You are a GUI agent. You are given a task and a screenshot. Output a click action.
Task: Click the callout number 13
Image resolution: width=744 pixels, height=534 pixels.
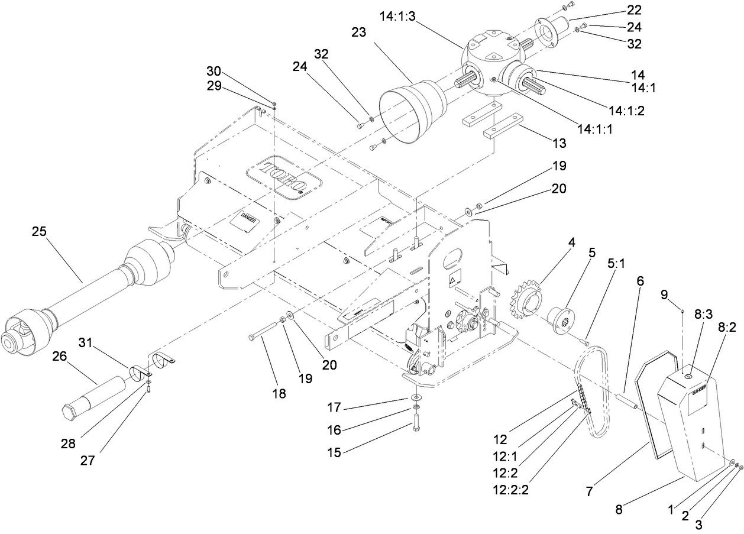(558, 143)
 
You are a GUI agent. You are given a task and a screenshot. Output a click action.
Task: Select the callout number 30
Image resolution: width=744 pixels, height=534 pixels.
(214, 70)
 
